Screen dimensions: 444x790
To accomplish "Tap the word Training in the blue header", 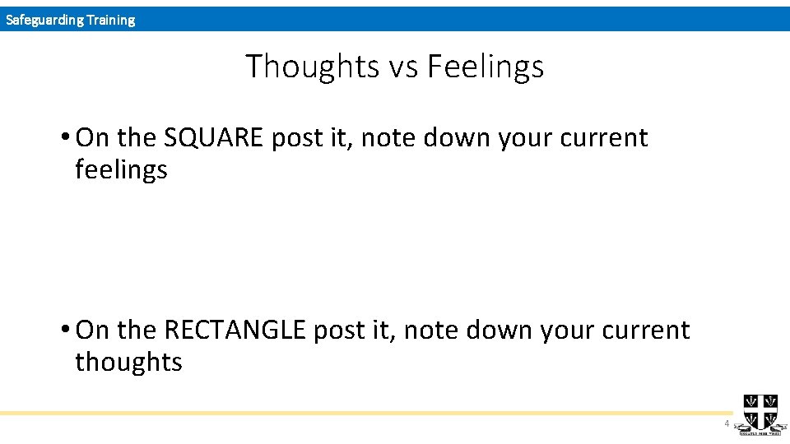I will (x=109, y=20).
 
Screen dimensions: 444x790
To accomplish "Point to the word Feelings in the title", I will (x=486, y=67).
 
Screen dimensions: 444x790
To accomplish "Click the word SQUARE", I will (x=213, y=138).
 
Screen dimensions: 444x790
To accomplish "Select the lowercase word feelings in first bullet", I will (x=121, y=170).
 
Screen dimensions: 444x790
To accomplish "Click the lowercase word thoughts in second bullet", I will (x=128, y=362).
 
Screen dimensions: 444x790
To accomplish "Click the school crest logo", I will (x=760, y=412).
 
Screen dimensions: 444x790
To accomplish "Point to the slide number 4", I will (x=727, y=424).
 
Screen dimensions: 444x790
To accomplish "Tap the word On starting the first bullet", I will (x=91, y=138).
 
